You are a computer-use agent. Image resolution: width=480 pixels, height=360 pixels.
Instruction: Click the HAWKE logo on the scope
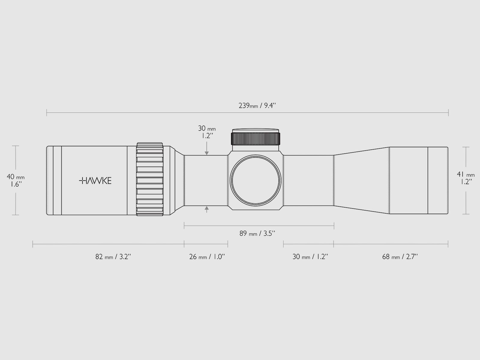95,181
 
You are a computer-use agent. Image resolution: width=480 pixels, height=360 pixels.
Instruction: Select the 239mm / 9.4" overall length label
257,106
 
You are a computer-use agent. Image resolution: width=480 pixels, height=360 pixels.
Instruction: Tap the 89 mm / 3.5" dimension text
257,233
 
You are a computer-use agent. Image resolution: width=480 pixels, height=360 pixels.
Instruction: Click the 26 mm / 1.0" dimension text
207,257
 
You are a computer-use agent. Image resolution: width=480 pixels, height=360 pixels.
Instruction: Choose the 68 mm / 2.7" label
400,257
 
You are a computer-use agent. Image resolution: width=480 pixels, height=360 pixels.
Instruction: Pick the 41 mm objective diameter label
466,178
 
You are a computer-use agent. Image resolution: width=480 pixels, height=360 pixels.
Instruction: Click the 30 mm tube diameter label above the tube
207,132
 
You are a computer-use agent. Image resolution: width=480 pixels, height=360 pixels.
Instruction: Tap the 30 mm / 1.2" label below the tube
310,257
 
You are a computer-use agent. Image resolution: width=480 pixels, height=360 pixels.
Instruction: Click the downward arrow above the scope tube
207,153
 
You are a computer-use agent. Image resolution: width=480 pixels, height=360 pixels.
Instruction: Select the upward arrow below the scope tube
207,208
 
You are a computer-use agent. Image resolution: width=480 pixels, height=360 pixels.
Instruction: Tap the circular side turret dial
256,181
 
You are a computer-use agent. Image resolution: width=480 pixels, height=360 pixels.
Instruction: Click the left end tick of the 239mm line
47,113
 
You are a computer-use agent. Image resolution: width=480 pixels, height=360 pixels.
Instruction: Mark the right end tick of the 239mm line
448,113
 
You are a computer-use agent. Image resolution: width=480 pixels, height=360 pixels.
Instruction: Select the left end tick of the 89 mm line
184,226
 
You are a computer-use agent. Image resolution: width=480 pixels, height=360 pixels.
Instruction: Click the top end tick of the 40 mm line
16,146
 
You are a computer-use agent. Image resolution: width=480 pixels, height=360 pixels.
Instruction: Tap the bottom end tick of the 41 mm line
466,214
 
